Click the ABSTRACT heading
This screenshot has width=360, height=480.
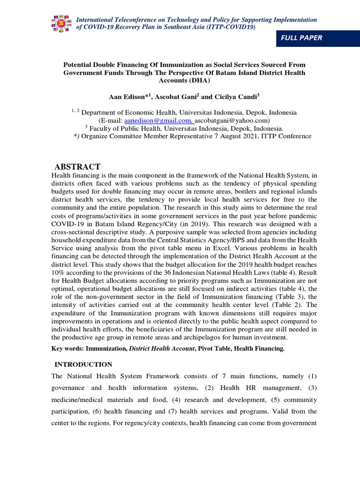(77, 167)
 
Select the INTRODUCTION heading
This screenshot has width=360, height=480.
(83, 364)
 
